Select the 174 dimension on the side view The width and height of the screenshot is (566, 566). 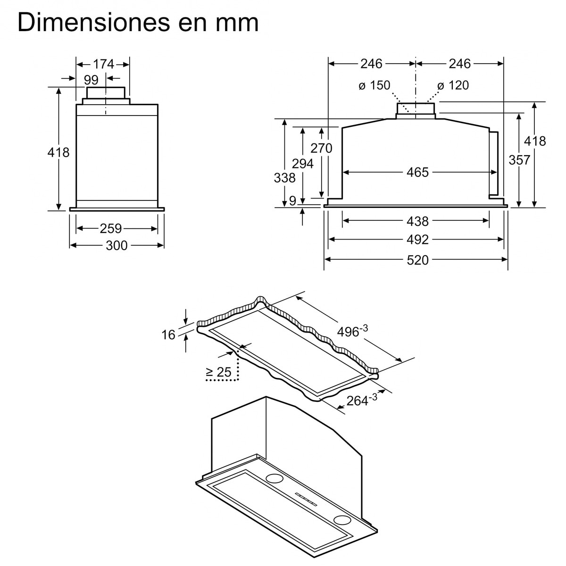coord(103,64)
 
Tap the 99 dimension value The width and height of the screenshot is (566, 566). coord(91,79)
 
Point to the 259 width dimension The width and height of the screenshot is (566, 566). coord(111,229)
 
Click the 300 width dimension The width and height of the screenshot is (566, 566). coord(117,245)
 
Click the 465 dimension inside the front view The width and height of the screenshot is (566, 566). coord(417,172)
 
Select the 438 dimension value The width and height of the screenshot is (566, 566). coord(417,221)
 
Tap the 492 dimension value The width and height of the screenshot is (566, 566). coord(417,240)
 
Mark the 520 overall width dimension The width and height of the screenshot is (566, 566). coord(417,259)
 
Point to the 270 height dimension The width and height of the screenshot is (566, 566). coord(321,148)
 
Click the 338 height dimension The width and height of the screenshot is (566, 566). coord(284,177)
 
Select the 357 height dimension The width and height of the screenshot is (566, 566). coord(519,160)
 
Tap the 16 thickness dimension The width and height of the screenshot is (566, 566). coord(168,335)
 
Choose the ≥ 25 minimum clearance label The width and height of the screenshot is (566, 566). coord(218,372)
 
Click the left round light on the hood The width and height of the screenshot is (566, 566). coord(273,478)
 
